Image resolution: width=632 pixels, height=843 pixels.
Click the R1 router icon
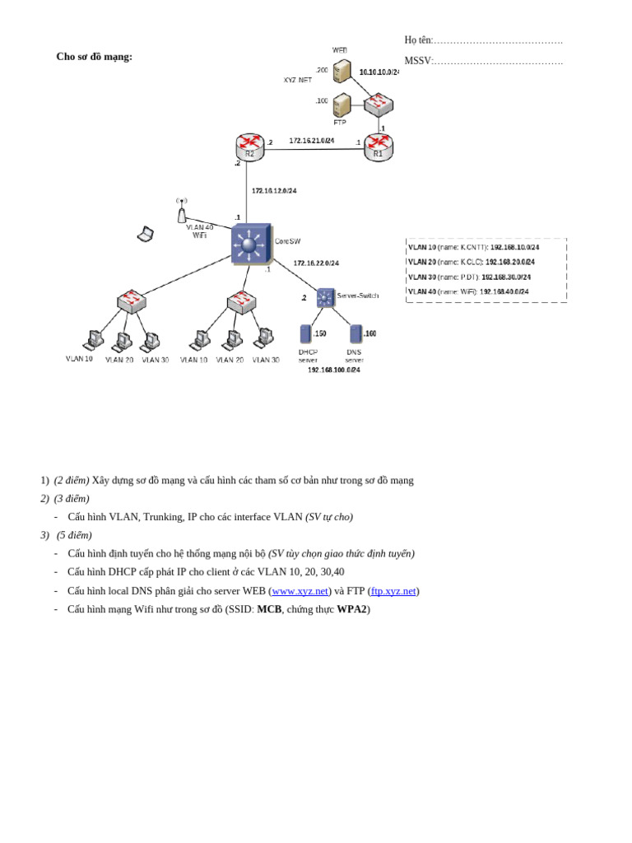(x=379, y=147)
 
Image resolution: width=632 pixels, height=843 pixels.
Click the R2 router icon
(x=249, y=147)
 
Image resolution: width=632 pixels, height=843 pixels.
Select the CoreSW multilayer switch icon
(x=250, y=244)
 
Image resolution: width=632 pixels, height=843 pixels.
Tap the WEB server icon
(x=342, y=71)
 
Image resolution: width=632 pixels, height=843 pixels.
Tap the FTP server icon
(x=342, y=105)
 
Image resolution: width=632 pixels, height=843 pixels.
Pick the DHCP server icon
(x=306, y=333)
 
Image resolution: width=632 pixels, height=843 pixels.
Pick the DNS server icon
(x=355, y=333)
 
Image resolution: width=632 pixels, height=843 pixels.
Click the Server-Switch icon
(x=326, y=297)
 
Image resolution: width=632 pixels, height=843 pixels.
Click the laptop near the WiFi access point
(x=146, y=235)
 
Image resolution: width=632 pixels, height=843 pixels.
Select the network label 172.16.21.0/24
(x=311, y=141)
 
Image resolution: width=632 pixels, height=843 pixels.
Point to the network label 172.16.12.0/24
(x=274, y=191)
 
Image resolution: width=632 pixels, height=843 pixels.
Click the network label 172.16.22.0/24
(x=316, y=263)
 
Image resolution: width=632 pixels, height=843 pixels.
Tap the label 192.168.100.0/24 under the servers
(x=333, y=370)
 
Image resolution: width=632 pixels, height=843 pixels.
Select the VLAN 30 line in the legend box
(x=469, y=277)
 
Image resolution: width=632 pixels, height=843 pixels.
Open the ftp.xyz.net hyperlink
(x=393, y=591)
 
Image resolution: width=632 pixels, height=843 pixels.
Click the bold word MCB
(x=269, y=609)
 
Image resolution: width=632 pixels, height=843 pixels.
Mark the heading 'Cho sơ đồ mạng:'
(x=94, y=57)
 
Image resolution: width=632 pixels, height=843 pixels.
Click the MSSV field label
(x=418, y=61)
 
